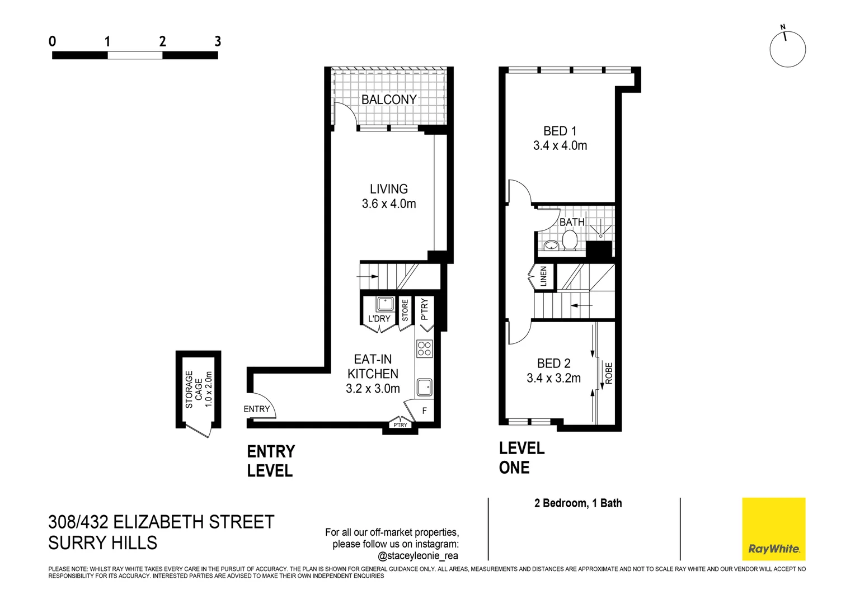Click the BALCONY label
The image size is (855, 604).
(x=389, y=100)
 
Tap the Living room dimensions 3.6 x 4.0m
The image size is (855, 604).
(x=389, y=204)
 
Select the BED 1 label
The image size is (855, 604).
(x=560, y=131)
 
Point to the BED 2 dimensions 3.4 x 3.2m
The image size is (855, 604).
(x=553, y=379)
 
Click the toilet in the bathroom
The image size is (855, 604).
(x=570, y=241)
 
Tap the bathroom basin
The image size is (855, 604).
(x=551, y=245)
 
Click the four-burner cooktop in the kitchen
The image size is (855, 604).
(x=424, y=349)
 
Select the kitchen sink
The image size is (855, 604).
(x=424, y=386)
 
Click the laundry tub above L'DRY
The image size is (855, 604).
(x=385, y=304)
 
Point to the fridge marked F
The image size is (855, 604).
(x=424, y=410)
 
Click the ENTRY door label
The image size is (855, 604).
(x=256, y=409)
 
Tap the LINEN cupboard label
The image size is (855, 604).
(x=543, y=276)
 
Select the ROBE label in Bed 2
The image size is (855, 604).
(x=609, y=373)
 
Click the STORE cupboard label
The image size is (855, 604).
(x=405, y=310)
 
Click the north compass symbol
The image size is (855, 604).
(x=787, y=49)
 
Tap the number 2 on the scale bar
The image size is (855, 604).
(x=162, y=41)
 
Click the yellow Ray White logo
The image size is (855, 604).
(x=773, y=528)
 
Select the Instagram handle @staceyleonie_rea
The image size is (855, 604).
(x=417, y=556)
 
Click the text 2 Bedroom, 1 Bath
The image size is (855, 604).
(x=578, y=503)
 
